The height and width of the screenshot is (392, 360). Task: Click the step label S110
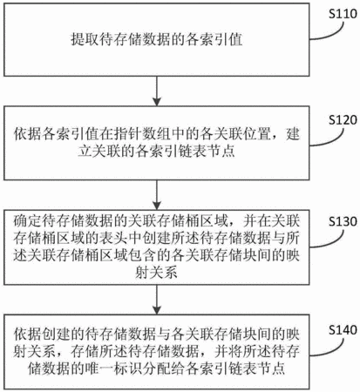point(343,14)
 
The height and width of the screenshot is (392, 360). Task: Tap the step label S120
point(343,120)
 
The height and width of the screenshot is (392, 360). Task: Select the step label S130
point(343,221)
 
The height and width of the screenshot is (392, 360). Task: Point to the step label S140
point(343,329)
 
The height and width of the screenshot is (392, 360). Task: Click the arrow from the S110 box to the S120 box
point(157,91)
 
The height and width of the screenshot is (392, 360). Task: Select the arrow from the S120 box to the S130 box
point(157,194)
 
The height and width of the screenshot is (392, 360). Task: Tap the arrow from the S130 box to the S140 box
point(157,299)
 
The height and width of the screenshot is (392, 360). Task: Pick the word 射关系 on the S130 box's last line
point(156,273)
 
